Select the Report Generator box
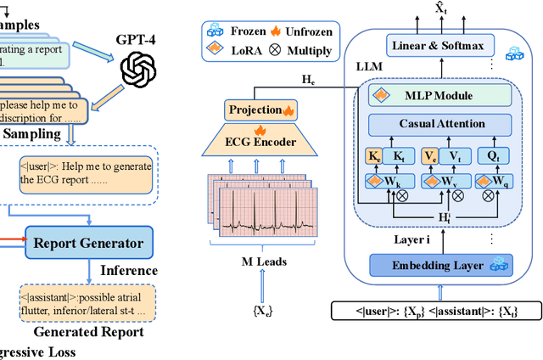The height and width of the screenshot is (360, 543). click(x=88, y=243)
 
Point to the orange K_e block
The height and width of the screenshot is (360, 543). click(x=375, y=156)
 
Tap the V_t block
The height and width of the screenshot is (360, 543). click(x=455, y=156)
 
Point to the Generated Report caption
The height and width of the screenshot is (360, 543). click(x=92, y=332)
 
